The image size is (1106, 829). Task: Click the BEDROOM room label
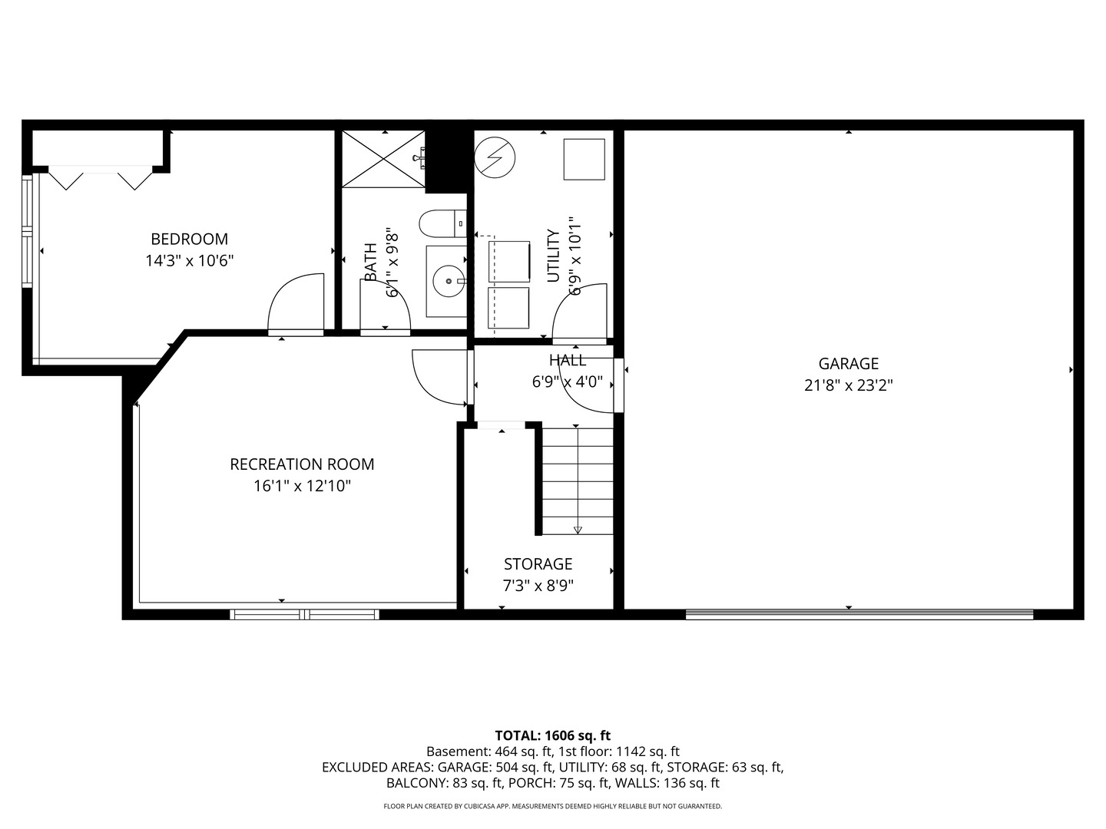click(190, 239)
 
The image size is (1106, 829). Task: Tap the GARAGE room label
click(849, 363)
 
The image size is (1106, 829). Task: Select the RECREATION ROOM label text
click(302, 464)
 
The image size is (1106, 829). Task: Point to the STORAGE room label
click(538, 563)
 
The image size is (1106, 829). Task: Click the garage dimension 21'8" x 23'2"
click(849, 385)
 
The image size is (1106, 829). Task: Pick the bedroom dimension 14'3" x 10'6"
click(190, 261)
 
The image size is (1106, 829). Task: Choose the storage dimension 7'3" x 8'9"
click(538, 586)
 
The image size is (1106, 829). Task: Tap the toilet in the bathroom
click(443, 223)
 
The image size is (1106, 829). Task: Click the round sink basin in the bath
click(449, 282)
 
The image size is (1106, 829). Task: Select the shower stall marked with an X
click(383, 159)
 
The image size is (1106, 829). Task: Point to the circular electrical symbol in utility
click(495, 157)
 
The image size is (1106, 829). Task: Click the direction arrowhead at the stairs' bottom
click(578, 530)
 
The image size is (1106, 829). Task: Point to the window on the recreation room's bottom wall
click(304, 614)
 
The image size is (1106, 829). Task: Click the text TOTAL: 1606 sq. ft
click(553, 736)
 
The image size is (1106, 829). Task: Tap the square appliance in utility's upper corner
click(584, 159)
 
